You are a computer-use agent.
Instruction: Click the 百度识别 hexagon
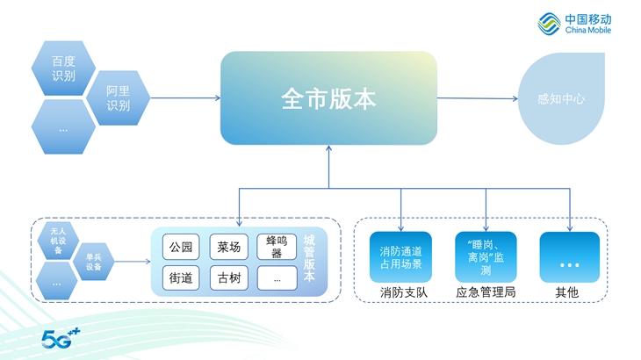(x=63, y=68)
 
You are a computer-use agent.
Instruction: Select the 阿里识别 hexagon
(x=119, y=98)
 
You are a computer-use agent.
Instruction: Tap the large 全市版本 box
(x=328, y=98)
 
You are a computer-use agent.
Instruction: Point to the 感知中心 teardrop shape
(x=561, y=98)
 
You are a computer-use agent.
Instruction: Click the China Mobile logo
(x=574, y=24)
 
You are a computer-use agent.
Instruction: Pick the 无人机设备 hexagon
(x=58, y=241)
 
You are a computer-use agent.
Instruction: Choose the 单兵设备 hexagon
(x=94, y=262)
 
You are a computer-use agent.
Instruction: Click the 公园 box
(x=181, y=247)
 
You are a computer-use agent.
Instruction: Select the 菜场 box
(x=229, y=247)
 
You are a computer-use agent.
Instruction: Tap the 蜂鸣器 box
(x=277, y=247)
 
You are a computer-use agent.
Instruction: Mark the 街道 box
(x=181, y=277)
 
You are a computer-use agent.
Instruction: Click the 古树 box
(x=229, y=277)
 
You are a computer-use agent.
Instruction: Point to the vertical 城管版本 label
(x=309, y=258)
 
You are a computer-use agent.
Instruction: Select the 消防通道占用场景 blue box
(x=400, y=257)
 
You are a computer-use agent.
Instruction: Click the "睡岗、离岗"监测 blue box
(x=486, y=257)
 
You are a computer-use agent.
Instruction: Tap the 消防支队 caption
(x=404, y=292)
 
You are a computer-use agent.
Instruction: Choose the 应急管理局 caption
(x=486, y=292)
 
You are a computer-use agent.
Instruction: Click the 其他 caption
(x=567, y=292)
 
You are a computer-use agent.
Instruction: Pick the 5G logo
(x=61, y=338)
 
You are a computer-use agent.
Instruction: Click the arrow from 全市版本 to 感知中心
(x=478, y=98)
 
